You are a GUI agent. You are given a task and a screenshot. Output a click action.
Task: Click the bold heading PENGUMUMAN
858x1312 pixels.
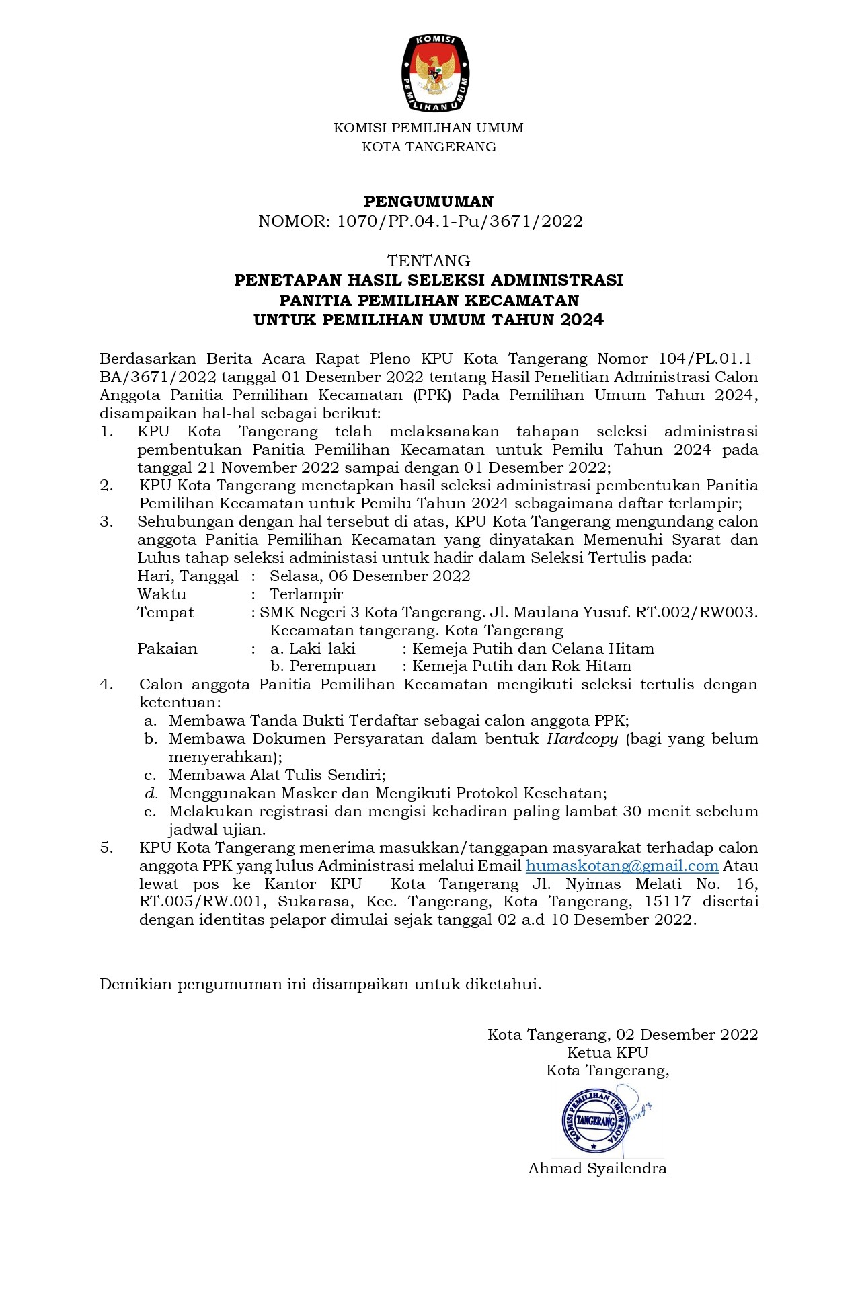[428, 202]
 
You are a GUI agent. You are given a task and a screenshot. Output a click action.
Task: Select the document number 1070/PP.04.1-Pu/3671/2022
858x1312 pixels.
[459, 221]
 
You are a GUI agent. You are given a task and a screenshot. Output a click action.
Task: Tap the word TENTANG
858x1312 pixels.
[428, 260]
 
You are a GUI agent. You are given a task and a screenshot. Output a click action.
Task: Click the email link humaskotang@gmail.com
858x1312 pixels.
[622, 866]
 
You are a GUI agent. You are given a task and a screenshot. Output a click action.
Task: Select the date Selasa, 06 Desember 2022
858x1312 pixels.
[370, 576]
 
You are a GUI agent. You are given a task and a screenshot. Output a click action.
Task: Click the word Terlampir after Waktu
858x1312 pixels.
[306, 594]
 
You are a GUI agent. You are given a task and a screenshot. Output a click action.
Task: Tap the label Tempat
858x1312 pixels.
[165, 613]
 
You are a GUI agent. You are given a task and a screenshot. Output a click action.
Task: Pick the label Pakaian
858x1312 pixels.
[167, 649]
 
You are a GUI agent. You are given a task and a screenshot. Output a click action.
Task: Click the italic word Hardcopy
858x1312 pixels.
[582, 739]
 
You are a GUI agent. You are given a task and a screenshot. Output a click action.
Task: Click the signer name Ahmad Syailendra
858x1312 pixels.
[597, 1168]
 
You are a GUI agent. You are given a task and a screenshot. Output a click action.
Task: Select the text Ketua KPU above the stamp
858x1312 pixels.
[607, 1052]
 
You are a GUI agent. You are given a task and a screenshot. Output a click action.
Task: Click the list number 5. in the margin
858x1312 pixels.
[107, 848]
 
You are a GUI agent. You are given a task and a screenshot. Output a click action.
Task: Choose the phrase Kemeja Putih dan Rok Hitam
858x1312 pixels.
[522, 666]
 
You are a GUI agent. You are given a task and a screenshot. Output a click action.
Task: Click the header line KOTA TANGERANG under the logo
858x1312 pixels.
[428, 147]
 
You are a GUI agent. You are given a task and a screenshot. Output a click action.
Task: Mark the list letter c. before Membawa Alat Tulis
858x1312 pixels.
[150, 775]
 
